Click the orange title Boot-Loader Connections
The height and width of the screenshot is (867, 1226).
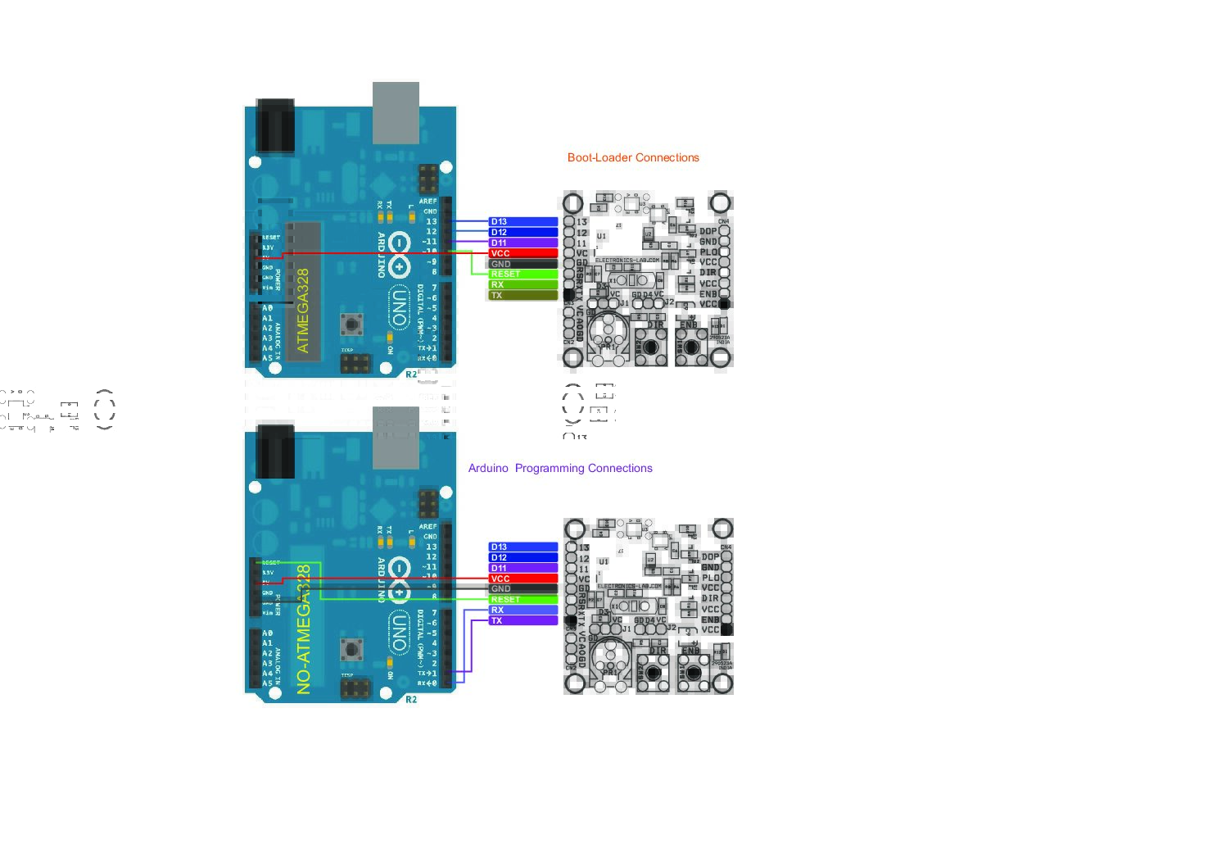click(x=633, y=157)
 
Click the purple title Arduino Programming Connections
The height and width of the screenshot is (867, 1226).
click(x=560, y=468)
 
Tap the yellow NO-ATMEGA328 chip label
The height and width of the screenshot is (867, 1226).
click(x=304, y=629)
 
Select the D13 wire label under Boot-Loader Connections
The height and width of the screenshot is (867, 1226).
click(x=523, y=222)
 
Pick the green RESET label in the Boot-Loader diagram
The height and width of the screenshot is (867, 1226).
click(x=523, y=275)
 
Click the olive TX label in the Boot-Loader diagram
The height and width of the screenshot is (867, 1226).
click(x=523, y=296)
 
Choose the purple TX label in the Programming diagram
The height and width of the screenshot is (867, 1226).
click(x=523, y=621)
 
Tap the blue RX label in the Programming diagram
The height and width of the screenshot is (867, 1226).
click(x=523, y=611)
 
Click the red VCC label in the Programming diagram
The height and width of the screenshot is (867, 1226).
click(x=523, y=579)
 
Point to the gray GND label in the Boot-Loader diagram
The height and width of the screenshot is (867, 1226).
click(x=523, y=264)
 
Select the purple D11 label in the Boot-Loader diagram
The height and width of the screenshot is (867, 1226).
click(x=523, y=243)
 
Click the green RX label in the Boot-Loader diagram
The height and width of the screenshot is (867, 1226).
click(x=523, y=285)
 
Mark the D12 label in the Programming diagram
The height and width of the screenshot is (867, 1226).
click(x=523, y=557)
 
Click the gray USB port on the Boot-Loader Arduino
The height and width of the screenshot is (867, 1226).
click(x=396, y=113)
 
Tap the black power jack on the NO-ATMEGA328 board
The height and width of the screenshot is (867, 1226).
click(x=275, y=452)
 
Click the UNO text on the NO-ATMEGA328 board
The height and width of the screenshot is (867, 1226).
click(x=399, y=632)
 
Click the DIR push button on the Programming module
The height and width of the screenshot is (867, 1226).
click(x=653, y=672)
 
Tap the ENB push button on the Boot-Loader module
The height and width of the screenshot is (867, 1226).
click(x=691, y=347)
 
